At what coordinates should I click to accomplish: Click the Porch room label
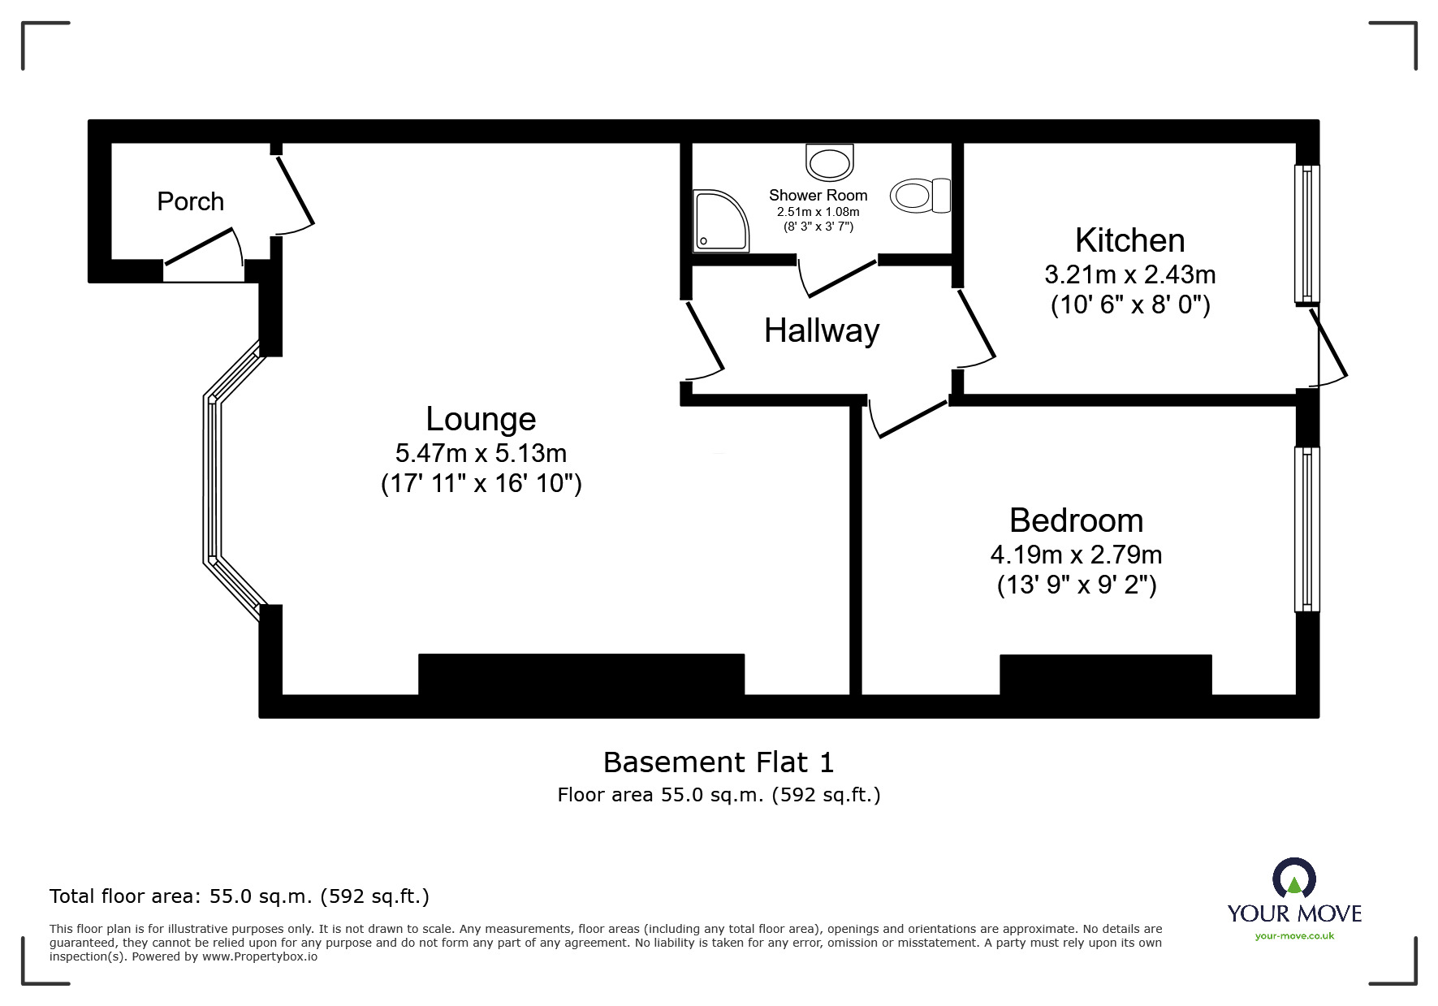[190, 201]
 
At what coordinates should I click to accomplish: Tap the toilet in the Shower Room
[920, 196]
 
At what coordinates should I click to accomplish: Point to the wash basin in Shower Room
[829, 162]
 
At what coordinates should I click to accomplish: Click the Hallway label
[821, 330]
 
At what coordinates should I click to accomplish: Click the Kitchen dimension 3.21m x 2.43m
[1129, 274]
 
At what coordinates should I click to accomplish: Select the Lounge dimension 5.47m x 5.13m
[481, 452]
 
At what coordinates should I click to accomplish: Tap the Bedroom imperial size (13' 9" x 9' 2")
[1076, 585]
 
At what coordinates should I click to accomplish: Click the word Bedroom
[1076, 520]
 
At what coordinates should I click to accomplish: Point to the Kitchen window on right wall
[1306, 234]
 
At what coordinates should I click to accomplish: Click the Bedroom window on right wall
[1306, 529]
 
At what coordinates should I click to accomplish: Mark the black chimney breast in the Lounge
[581, 674]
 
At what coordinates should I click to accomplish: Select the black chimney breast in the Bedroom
[1105, 675]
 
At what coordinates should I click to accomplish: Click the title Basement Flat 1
[718, 762]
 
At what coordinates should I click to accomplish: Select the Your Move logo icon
[1293, 879]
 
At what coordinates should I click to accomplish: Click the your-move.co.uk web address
[1294, 936]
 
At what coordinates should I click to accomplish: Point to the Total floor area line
[239, 896]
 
